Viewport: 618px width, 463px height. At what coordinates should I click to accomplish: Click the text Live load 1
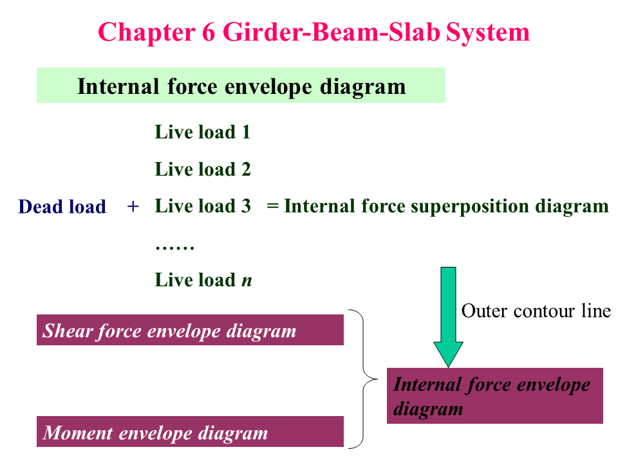(x=202, y=132)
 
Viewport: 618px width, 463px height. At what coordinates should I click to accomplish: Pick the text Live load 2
(x=202, y=170)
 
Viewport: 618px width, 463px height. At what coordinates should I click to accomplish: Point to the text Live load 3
(x=202, y=206)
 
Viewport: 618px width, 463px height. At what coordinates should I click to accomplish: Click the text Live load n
(x=203, y=280)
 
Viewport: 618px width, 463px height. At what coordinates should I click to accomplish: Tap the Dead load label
(x=62, y=207)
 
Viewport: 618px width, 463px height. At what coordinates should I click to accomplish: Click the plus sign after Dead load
(x=133, y=206)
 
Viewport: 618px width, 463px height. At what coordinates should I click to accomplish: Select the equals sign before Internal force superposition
(x=272, y=206)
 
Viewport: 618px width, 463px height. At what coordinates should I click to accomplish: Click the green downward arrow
(x=448, y=315)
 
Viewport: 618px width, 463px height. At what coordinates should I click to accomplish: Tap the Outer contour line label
(x=536, y=311)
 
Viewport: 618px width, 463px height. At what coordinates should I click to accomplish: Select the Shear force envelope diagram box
(x=190, y=331)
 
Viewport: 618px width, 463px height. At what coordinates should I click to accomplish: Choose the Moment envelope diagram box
(x=190, y=432)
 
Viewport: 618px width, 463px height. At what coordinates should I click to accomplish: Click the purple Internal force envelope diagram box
(x=494, y=396)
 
